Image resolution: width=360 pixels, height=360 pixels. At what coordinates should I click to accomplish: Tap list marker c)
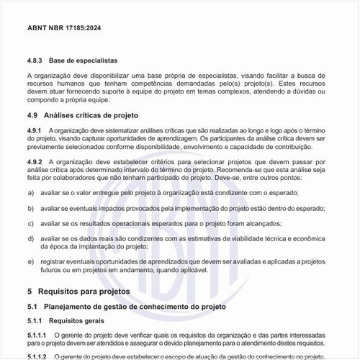point(30,222)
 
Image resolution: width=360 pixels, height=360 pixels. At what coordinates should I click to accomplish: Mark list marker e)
point(30,261)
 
